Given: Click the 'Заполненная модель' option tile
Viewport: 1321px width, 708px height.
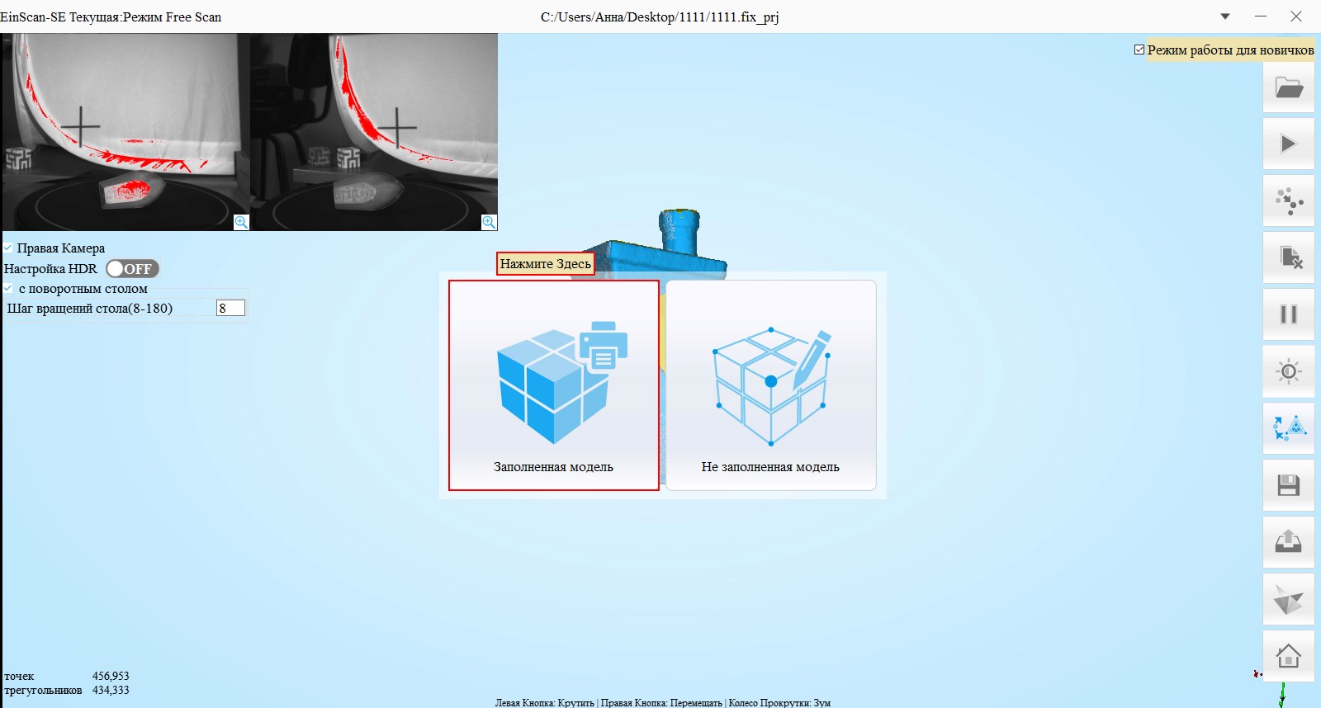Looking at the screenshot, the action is point(554,385).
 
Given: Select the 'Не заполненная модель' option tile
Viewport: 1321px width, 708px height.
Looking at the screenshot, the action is point(771,385).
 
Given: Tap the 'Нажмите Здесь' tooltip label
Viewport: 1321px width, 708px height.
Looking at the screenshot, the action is point(545,263).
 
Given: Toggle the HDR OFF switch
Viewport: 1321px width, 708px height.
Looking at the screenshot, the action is point(133,269).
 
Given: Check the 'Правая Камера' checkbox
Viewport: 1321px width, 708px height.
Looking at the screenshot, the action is point(7,248).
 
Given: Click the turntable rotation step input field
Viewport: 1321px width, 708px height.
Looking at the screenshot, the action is point(230,308).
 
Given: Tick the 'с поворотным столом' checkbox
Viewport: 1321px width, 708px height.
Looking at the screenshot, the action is point(7,288).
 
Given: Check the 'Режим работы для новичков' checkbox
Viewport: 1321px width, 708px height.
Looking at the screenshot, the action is point(1139,50).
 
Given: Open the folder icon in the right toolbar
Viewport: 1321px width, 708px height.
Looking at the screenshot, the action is point(1289,87).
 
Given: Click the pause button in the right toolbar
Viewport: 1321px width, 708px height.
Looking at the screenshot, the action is point(1289,314).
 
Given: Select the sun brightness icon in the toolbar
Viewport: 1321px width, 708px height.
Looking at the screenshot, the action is point(1289,371).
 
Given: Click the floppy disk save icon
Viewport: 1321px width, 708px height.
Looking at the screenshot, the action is point(1289,485).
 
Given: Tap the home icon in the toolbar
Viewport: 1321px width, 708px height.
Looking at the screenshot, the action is point(1289,655).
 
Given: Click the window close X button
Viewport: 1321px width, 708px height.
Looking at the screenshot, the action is point(1295,17).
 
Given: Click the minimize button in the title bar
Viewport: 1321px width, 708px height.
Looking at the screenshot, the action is point(1261,17).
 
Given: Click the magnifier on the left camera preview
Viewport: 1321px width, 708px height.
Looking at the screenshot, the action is point(241,222).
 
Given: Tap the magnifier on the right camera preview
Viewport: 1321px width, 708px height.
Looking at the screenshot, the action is point(489,222).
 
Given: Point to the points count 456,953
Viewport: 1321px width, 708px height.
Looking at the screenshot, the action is point(111,676).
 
